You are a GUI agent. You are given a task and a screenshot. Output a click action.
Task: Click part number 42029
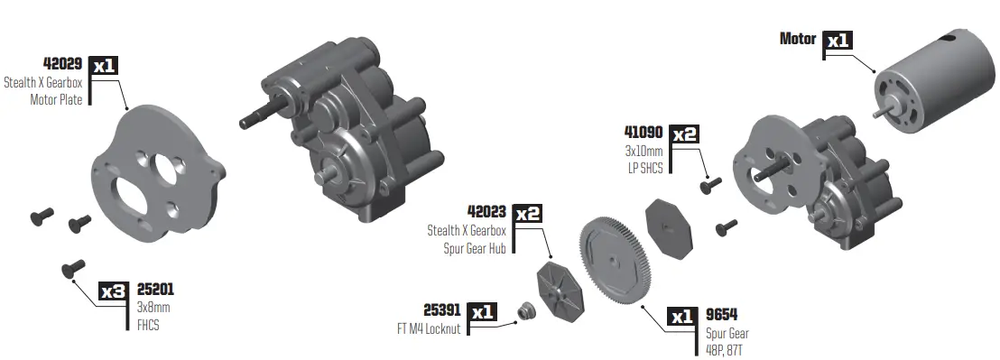(63, 64)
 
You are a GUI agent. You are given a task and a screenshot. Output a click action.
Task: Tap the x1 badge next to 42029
(105, 64)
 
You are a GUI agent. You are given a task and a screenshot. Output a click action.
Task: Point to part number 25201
(154, 291)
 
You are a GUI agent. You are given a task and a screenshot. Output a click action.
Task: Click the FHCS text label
(147, 324)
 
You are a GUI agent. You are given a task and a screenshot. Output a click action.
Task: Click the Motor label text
(797, 40)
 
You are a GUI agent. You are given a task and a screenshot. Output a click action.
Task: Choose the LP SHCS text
(646, 167)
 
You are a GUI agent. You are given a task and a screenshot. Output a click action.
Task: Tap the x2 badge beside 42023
(529, 213)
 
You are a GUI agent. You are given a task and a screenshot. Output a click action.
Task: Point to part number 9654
(724, 316)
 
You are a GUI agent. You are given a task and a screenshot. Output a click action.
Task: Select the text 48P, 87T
(727, 349)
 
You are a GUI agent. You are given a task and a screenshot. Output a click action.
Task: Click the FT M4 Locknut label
(429, 329)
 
